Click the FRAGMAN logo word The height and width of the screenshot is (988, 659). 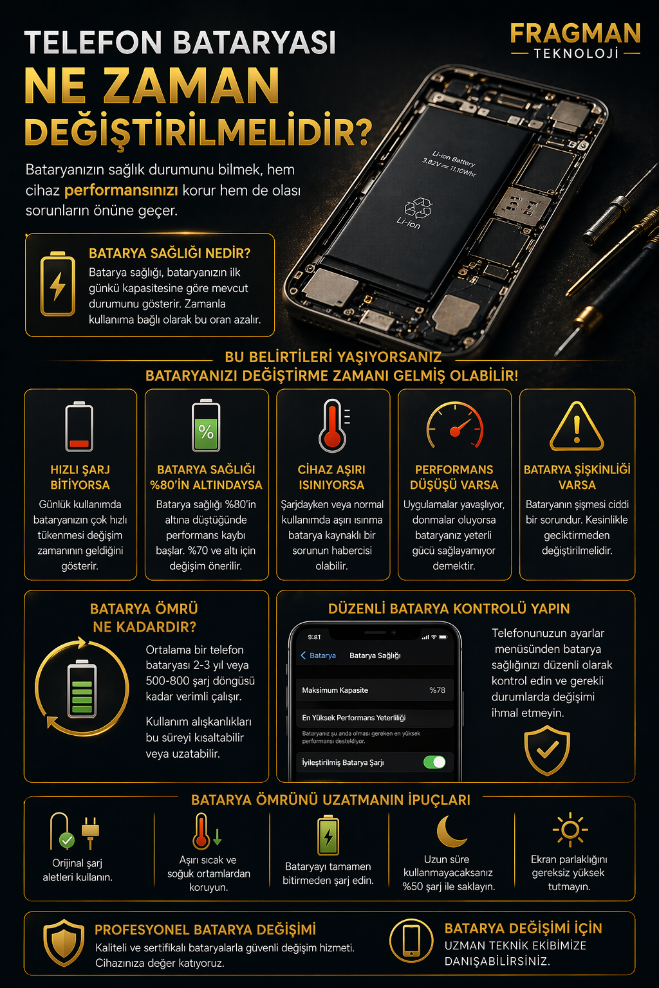coord(575,33)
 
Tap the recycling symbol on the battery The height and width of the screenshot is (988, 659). coord(418,208)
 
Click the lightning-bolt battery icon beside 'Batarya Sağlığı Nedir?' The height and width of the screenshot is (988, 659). coord(58,284)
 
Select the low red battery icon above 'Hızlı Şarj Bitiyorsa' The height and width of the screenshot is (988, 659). coord(79,426)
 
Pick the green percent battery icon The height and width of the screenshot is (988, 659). coord(206,426)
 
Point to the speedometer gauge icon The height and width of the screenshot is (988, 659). coord(454,425)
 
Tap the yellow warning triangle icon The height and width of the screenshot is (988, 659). coord(577,426)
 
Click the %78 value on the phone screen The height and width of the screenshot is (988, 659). coord(437,690)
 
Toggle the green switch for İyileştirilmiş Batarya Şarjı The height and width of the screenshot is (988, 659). coord(434,762)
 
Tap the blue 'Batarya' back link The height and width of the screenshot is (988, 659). coord(319,655)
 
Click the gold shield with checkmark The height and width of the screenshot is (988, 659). coord(547,751)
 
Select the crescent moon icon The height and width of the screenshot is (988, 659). coord(450,831)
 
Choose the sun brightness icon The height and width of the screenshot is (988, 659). coord(570,830)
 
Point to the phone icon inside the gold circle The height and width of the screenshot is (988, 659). coord(411,941)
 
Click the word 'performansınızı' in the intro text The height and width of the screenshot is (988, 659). coord(121,190)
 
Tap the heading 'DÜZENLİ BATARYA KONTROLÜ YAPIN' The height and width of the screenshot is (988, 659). coord(449,608)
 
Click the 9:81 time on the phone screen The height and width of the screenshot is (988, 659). coord(314,637)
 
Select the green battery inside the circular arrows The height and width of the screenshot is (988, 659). coord(82,688)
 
